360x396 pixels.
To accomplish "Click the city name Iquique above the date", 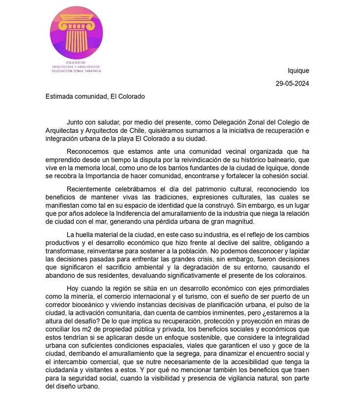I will [x=298, y=71].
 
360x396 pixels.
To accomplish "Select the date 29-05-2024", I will [x=292, y=84].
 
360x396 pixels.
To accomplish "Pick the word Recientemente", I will [x=90, y=189].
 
